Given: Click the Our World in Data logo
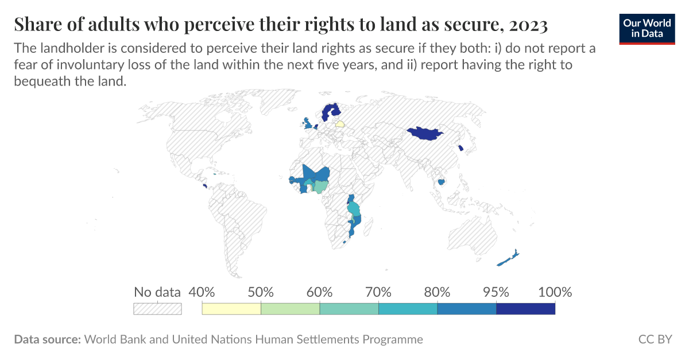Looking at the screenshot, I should (647, 27).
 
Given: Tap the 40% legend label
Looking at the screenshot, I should (202, 292).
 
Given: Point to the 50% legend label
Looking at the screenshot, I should (261, 292).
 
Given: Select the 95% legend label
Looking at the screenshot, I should (496, 292).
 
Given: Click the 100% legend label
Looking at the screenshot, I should (555, 292).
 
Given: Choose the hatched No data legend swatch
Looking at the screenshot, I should (157, 309).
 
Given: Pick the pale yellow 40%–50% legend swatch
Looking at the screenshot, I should (231, 309).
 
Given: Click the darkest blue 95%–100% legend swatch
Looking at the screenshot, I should (525, 309).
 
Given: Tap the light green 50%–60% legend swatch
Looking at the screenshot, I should (290, 309).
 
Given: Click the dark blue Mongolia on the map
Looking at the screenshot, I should (424, 134).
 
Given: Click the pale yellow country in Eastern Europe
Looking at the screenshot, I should (340, 123).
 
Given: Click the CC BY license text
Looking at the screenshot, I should (655, 339).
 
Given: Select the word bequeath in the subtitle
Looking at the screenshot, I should (40, 81).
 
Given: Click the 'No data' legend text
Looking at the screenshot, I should (157, 292).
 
